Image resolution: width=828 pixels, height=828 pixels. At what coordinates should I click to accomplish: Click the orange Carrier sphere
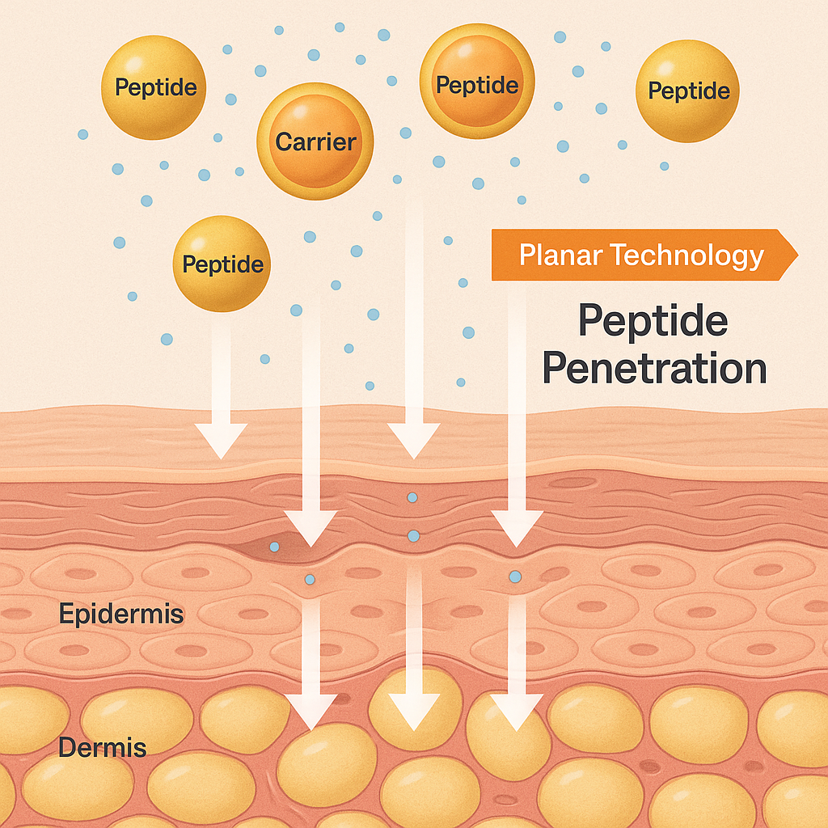click(x=315, y=141)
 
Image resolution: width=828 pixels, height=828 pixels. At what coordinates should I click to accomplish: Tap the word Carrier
click(x=315, y=142)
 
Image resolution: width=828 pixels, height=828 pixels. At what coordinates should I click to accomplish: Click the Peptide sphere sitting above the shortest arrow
click(x=222, y=263)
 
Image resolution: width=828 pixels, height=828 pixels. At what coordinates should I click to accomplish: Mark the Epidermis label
click(x=121, y=615)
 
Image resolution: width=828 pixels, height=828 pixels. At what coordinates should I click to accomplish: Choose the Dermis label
click(x=102, y=748)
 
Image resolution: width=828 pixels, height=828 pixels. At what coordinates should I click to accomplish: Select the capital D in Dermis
click(x=66, y=748)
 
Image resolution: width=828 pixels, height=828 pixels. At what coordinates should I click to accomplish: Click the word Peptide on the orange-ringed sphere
click(x=476, y=84)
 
